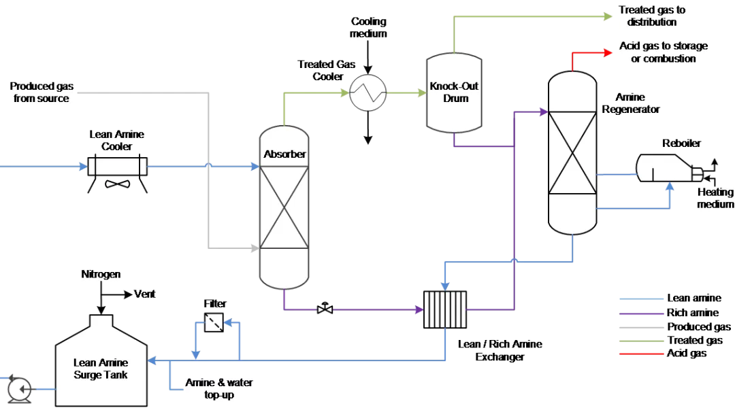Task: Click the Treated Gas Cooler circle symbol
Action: tap(367, 92)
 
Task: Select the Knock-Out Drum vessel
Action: tap(453, 92)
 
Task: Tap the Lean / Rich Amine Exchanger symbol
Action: tap(445, 310)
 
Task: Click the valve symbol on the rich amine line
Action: tap(325, 309)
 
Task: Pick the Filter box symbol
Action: tap(214, 322)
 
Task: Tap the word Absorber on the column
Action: tap(284, 154)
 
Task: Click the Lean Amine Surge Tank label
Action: tap(101, 369)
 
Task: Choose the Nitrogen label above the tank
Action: tap(101, 274)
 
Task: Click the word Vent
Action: tap(144, 294)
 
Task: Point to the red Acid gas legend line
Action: tap(640, 354)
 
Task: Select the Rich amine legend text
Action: tap(693, 313)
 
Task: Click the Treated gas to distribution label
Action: tap(651, 16)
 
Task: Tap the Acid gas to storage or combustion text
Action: tap(657, 52)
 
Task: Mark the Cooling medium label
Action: tap(368, 28)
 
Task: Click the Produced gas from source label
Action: tap(42, 92)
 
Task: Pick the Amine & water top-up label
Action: tap(219, 388)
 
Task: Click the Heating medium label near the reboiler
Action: tap(715, 198)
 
